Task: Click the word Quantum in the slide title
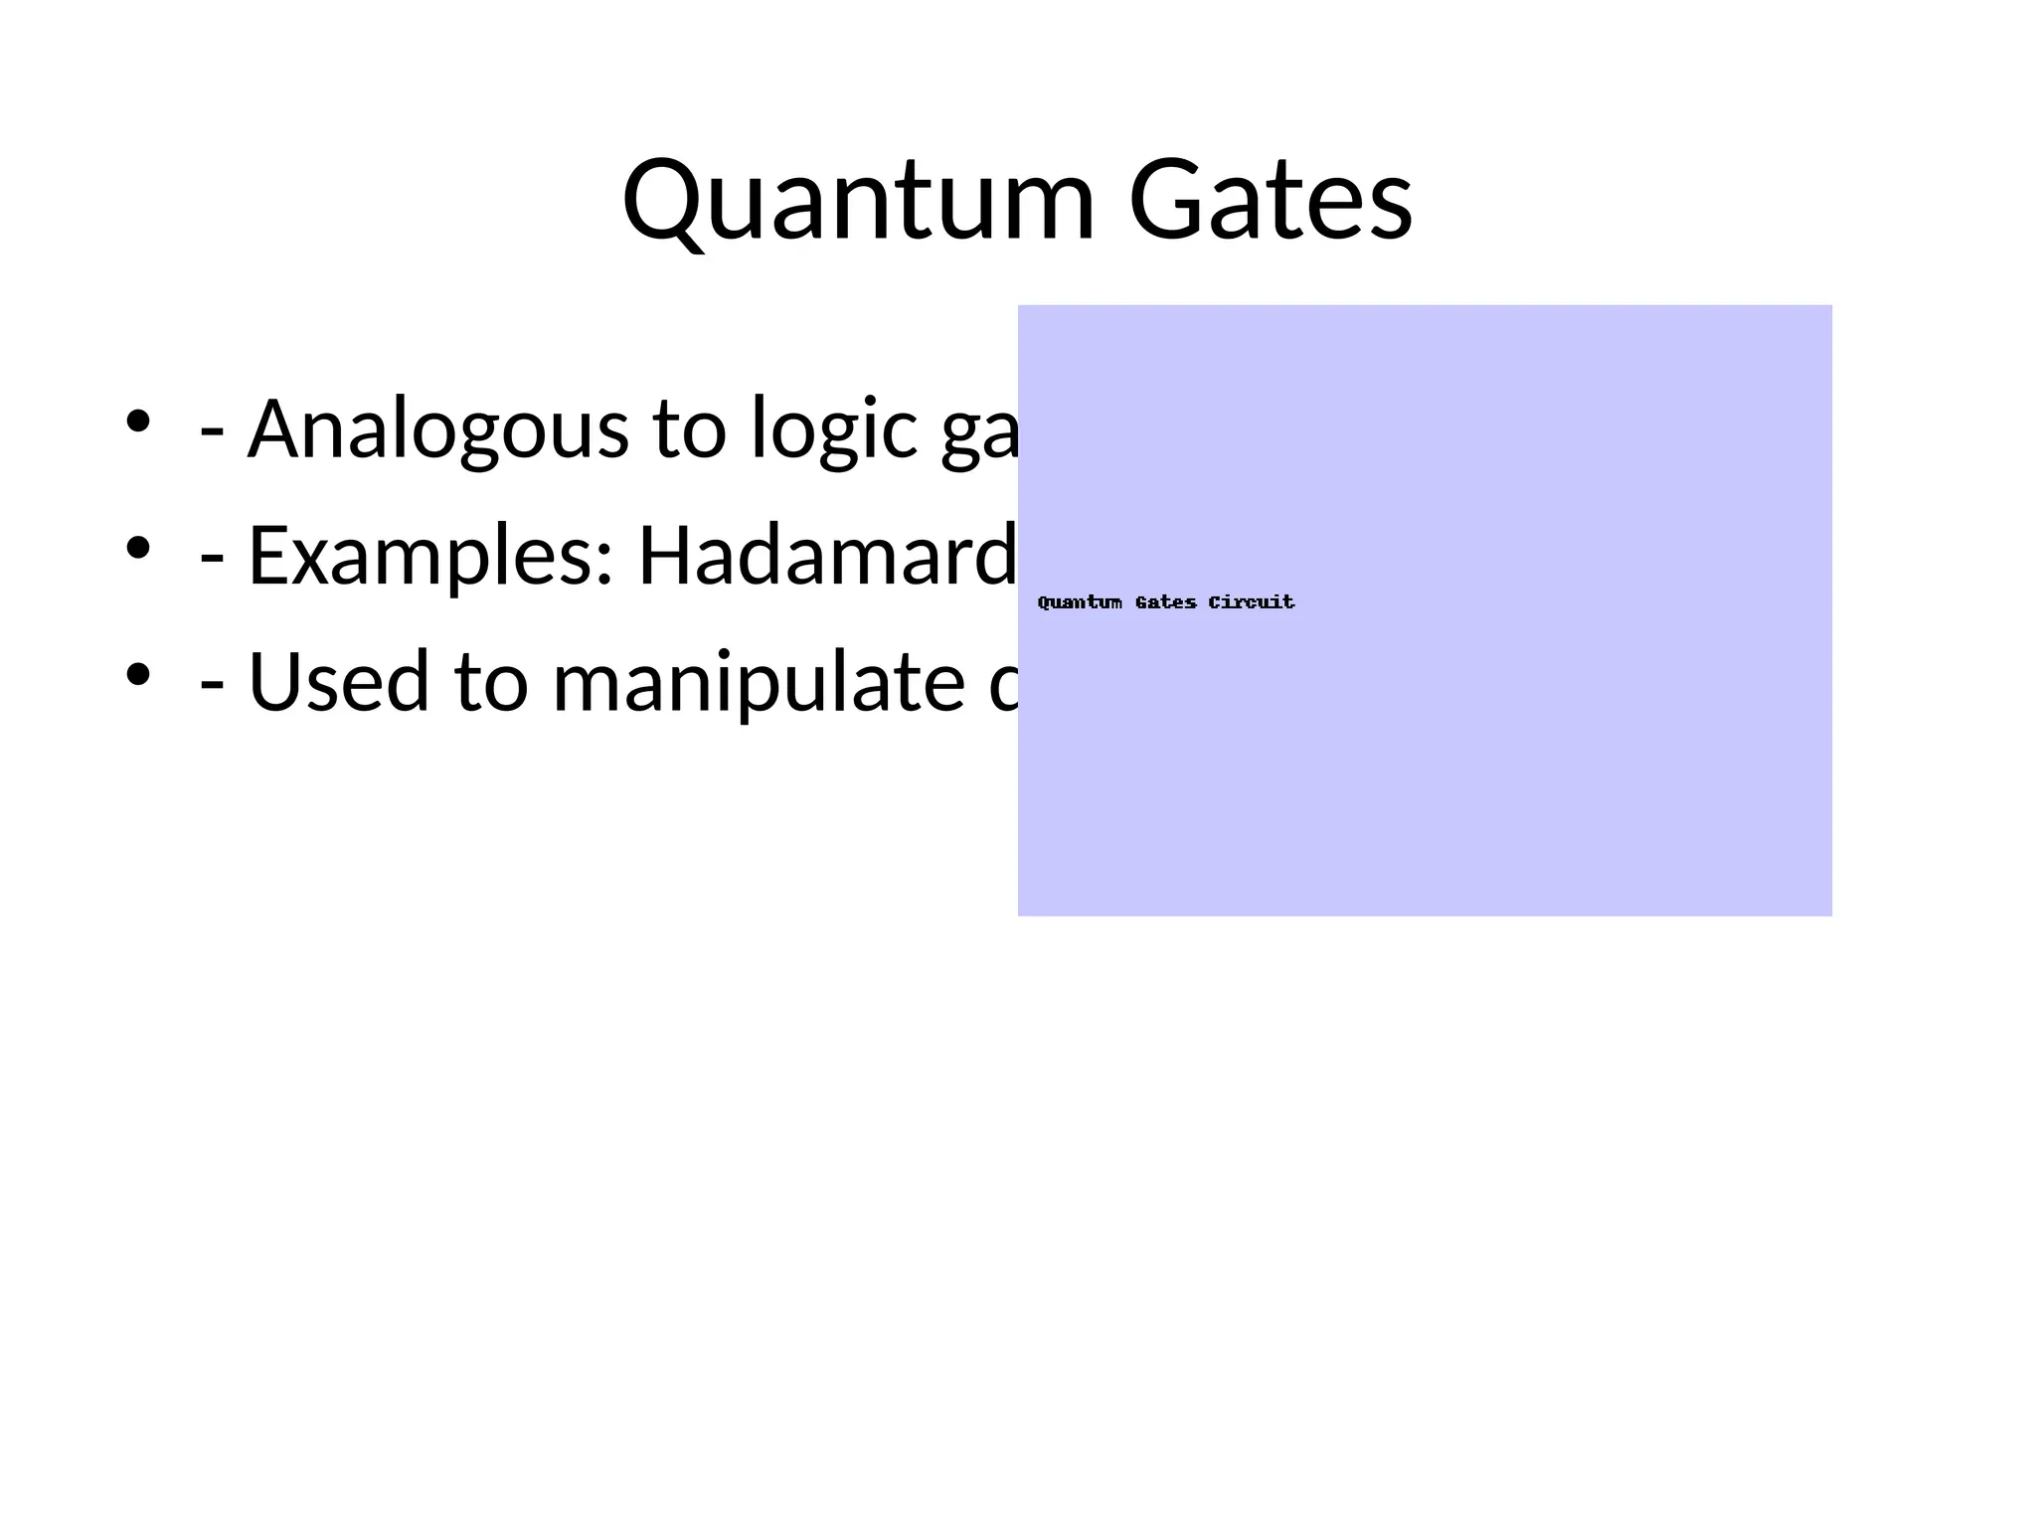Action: click(858, 201)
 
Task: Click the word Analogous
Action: click(437, 429)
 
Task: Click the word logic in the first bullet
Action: click(833, 429)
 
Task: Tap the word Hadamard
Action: click(827, 555)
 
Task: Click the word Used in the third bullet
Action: click(338, 682)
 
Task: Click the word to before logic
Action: click(689, 429)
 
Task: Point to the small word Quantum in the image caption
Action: click(1080, 602)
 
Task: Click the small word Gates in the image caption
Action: click(1165, 602)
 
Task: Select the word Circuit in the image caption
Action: click(1252, 602)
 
